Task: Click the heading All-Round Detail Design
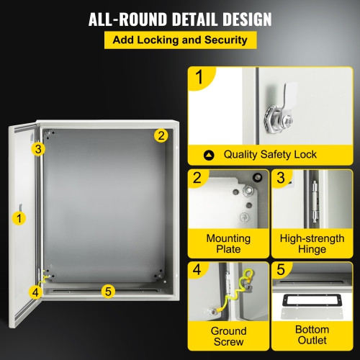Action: (180, 19)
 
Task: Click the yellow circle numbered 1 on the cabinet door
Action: (21, 215)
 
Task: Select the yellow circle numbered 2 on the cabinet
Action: (161, 135)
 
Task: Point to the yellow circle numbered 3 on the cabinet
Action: (39, 149)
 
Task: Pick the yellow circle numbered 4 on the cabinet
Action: (35, 292)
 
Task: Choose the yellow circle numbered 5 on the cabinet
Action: (108, 292)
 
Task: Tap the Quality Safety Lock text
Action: (270, 154)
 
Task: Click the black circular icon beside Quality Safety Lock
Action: (210, 154)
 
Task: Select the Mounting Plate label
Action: (228, 243)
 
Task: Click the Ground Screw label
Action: (228, 336)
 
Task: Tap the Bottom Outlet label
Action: (311, 336)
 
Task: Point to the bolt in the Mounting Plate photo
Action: (247, 191)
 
